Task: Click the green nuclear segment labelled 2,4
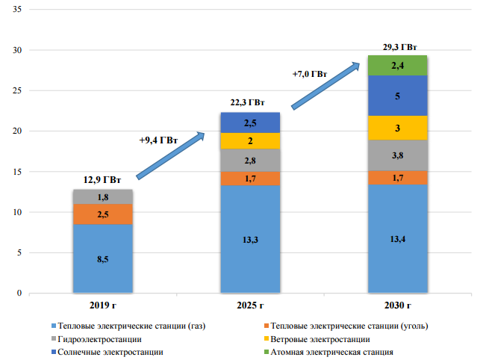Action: pyautogui.click(x=397, y=66)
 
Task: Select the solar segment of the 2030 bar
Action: pyautogui.click(x=397, y=96)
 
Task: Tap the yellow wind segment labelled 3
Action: pyautogui.click(x=397, y=128)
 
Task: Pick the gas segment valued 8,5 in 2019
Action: pyautogui.click(x=103, y=258)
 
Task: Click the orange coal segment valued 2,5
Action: pyautogui.click(x=103, y=214)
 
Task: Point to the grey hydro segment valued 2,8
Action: pyautogui.click(x=250, y=160)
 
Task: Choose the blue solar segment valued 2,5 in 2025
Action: pyautogui.click(x=250, y=122)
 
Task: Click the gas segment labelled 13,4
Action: pyautogui.click(x=397, y=238)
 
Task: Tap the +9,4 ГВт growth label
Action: pyautogui.click(x=158, y=140)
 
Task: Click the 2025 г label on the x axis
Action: pyautogui.click(x=250, y=305)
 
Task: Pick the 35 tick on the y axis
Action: pyautogui.click(x=16, y=10)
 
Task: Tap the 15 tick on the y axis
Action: pyautogui.click(x=16, y=172)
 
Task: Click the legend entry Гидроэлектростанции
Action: pyautogui.click(x=97, y=338)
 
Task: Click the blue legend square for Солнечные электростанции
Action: pyautogui.click(x=52, y=351)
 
